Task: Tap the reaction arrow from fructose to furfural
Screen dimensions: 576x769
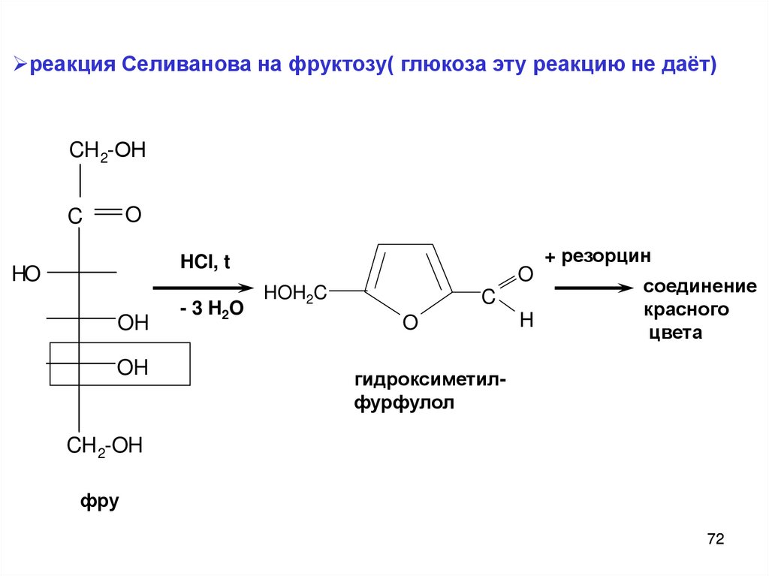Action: (x=201, y=288)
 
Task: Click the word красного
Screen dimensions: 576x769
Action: (x=686, y=309)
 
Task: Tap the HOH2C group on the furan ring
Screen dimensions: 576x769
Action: (x=294, y=292)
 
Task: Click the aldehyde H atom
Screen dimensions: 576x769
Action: (x=526, y=321)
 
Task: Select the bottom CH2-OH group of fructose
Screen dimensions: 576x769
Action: (x=104, y=446)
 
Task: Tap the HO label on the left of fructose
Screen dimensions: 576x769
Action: (x=26, y=274)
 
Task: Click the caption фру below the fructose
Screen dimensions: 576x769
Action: (x=100, y=501)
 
